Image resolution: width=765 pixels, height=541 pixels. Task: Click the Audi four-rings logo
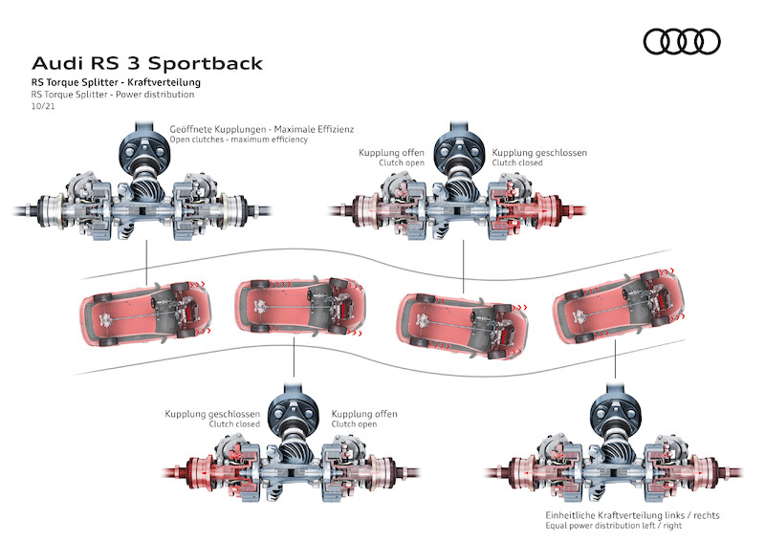point(681,41)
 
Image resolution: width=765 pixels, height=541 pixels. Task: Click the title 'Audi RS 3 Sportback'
point(146,64)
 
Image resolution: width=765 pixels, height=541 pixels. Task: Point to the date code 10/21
point(42,107)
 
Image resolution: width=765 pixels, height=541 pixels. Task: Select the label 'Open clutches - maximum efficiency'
point(238,140)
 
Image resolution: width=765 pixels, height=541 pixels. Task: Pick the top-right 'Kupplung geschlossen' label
point(539,152)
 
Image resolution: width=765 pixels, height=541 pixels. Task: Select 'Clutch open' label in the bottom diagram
point(354,424)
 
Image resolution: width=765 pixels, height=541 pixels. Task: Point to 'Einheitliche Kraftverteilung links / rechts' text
point(626,514)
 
